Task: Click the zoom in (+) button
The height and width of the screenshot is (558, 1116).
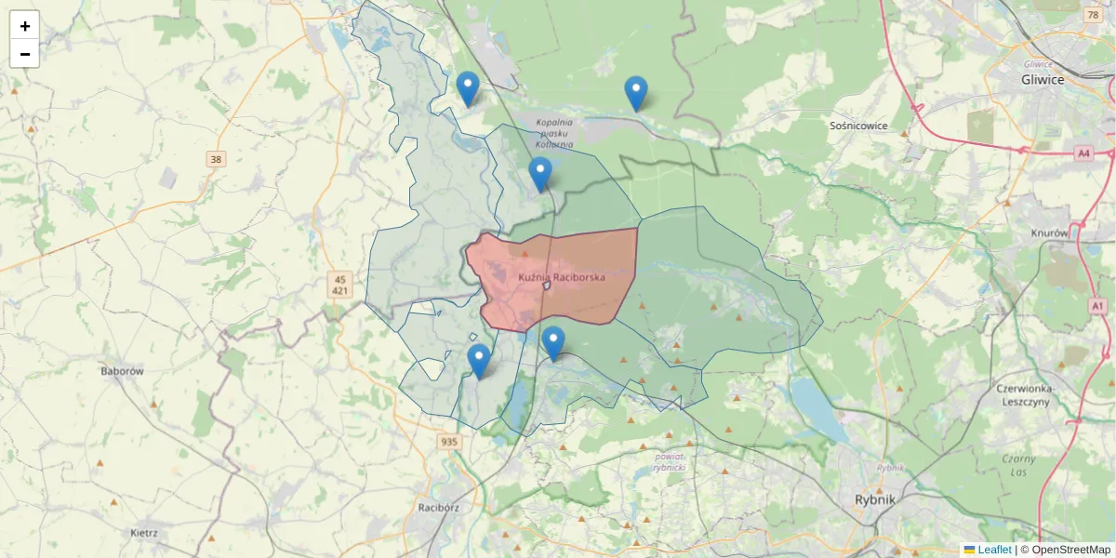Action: (24, 26)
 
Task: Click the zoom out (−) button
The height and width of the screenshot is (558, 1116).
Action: (24, 54)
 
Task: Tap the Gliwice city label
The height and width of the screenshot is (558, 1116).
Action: (1042, 80)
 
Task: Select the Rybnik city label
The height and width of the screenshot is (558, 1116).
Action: (874, 499)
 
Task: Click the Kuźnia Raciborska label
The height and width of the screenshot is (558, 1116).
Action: (562, 277)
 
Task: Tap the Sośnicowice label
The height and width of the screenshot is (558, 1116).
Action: (858, 126)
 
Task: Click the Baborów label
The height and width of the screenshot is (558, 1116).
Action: (122, 370)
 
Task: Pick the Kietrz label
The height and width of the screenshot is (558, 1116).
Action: (144, 534)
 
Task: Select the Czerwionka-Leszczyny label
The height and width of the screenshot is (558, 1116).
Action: (1022, 395)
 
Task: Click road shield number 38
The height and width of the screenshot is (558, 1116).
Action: (216, 159)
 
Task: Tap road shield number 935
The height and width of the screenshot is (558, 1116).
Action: (449, 442)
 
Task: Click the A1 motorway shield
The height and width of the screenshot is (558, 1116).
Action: (1097, 306)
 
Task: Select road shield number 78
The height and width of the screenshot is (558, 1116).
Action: (1092, 15)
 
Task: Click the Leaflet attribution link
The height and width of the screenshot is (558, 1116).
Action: (993, 550)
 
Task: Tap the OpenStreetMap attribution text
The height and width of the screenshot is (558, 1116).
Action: (1065, 550)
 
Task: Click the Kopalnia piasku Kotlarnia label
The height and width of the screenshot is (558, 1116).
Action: (553, 133)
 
